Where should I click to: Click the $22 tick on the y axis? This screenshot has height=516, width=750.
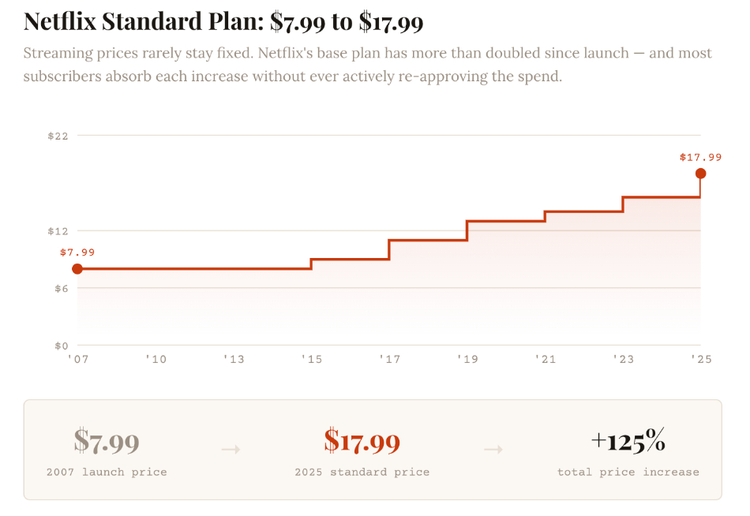(x=58, y=136)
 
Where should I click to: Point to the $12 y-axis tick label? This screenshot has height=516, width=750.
(x=58, y=231)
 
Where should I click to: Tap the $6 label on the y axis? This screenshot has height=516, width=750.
(x=61, y=289)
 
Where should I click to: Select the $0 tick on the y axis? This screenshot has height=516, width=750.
(x=61, y=346)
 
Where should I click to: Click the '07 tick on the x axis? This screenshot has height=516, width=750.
(x=77, y=360)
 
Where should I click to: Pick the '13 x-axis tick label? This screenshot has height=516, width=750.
(x=234, y=360)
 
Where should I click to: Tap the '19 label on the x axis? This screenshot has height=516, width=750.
(x=467, y=360)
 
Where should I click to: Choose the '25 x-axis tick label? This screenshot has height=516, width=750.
(x=700, y=360)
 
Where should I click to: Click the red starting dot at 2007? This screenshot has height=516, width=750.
(x=77, y=269)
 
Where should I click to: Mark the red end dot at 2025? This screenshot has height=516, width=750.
(x=700, y=174)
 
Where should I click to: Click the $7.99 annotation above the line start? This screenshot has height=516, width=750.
(x=77, y=252)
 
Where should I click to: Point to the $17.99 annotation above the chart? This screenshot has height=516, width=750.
(x=700, y=157)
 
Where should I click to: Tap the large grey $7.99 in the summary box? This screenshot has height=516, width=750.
(x=107, y=441)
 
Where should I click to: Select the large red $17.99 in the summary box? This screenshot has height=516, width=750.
(x=362, y=441)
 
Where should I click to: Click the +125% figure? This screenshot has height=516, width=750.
(x=628, y=441)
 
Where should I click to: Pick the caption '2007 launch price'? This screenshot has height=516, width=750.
(x=107, y=472)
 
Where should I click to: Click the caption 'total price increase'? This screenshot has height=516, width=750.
(x=628, y=472)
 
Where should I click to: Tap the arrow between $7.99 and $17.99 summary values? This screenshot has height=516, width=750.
(x=231, y=449)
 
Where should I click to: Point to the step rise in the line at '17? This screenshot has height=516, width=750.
(x=389, y=249)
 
